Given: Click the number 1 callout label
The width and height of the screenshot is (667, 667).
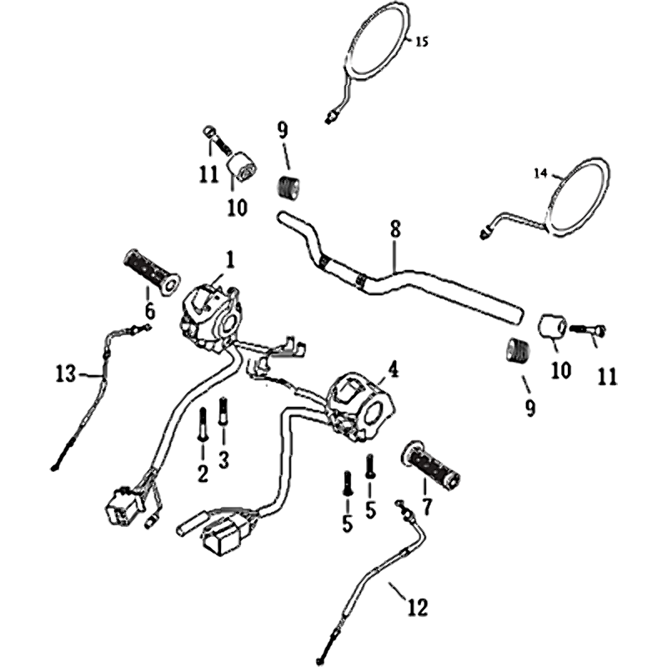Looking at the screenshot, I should pos(230,259).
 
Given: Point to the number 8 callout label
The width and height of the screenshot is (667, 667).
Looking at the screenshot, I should pos(395,228).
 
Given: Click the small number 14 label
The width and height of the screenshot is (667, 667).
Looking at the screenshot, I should pos(540,173).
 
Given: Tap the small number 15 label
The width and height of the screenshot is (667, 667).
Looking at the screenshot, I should pos(421,42).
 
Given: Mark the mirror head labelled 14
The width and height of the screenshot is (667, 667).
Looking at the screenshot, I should pos(579,195).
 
